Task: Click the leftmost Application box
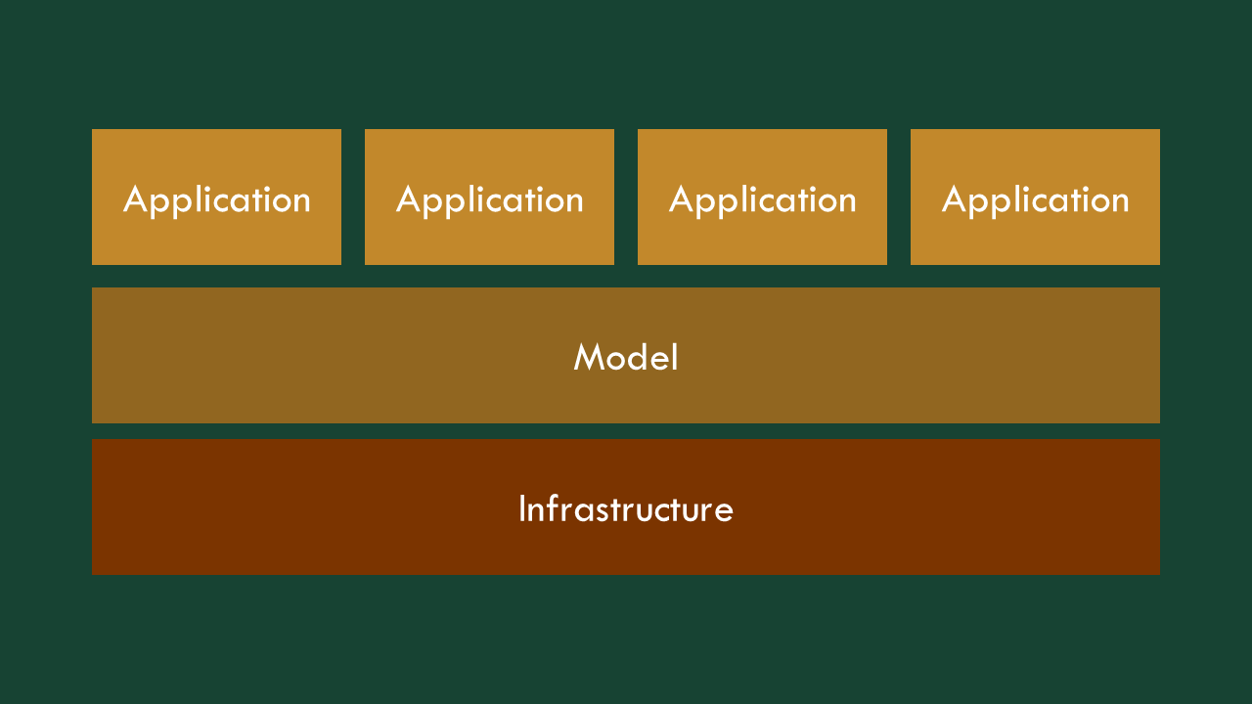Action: point(216,197)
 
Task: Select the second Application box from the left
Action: point(489,197)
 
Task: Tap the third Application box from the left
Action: point(762,197)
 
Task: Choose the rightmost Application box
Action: point(1035,197)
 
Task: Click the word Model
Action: point(626,357)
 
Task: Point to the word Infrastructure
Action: point(626,508)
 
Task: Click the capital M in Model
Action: point(589,357)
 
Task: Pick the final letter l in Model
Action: point(675,357)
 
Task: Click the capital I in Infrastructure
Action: point(522,508)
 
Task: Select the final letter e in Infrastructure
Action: point(724,513)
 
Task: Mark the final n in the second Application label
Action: point(574,202)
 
